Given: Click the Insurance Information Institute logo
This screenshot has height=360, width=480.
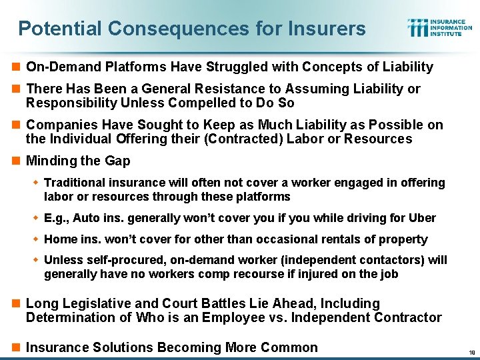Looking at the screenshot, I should click(x=439, y=27).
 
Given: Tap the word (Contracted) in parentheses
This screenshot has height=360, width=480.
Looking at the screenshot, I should click(x=257, y=139).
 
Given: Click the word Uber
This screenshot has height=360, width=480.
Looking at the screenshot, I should click(x=421, y=218).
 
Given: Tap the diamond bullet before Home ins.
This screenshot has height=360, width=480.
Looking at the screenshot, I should click(x=37, y=239).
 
